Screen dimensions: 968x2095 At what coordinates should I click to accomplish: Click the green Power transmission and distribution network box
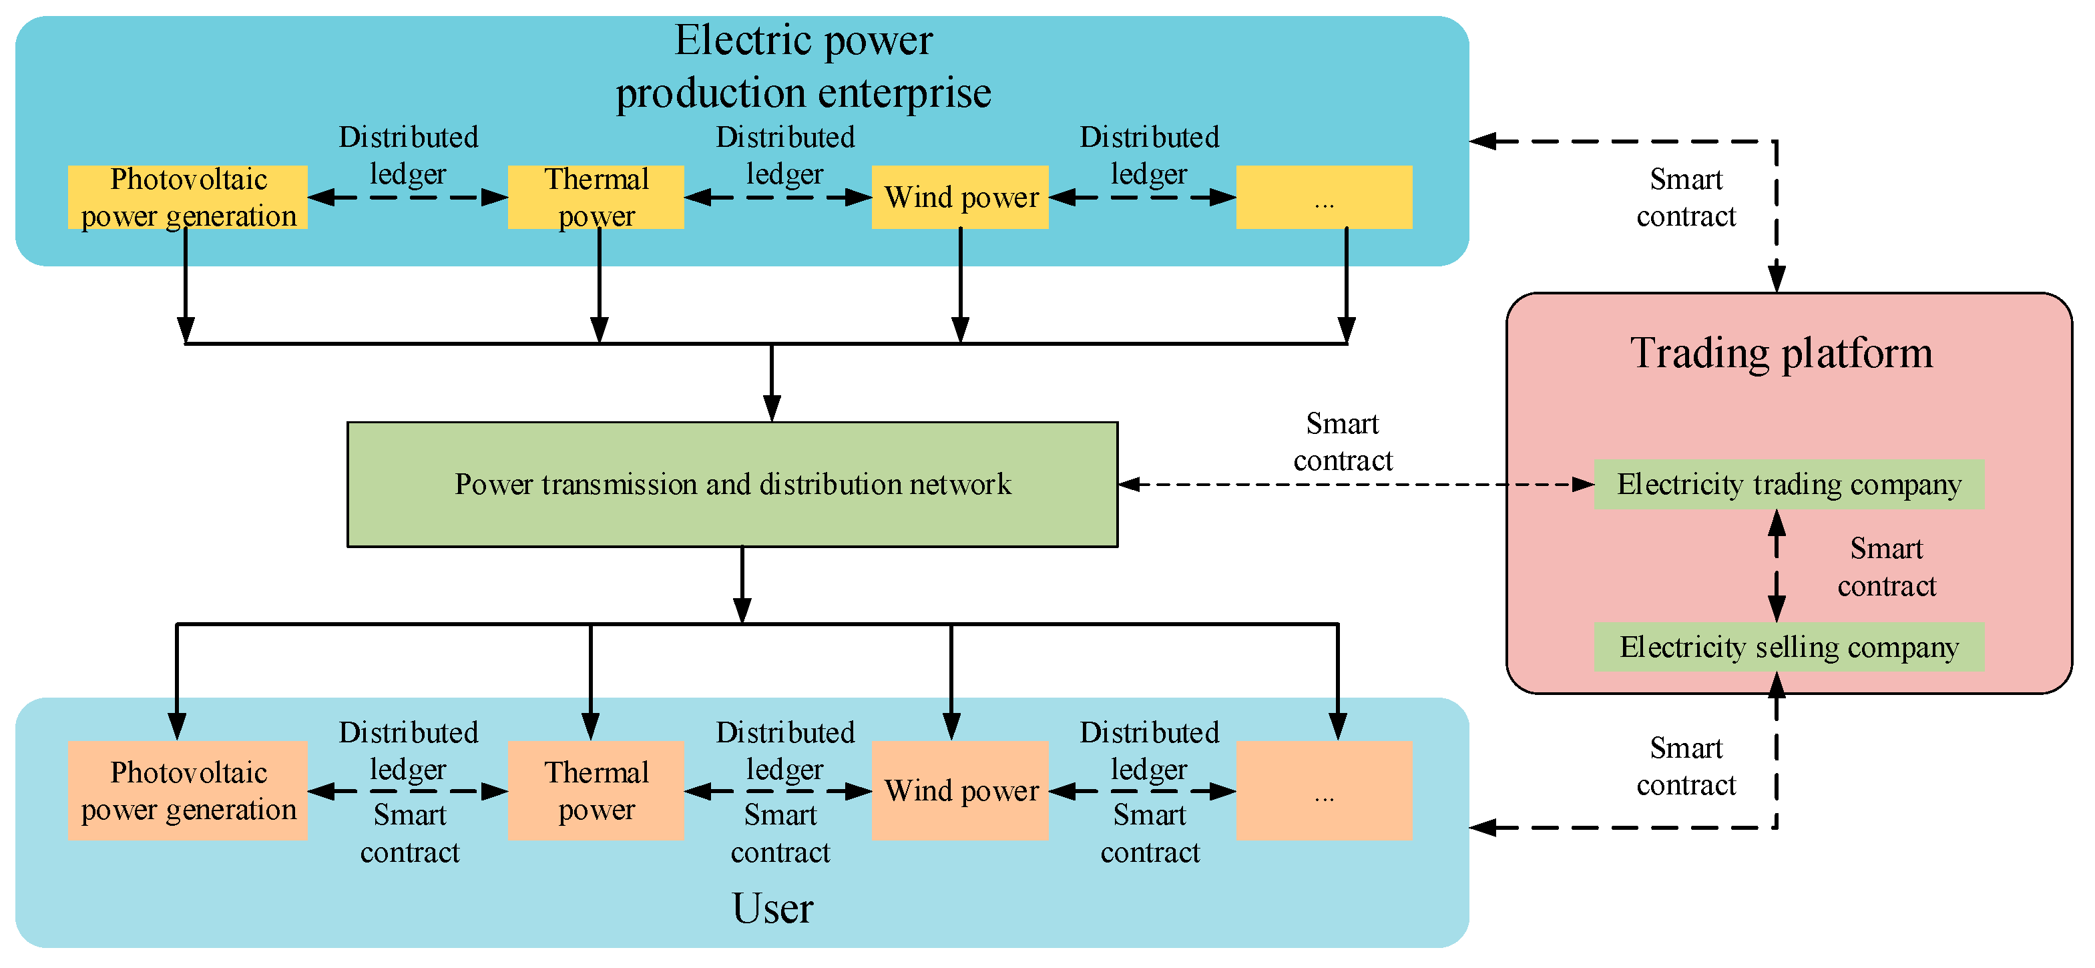click(x=732, y=484)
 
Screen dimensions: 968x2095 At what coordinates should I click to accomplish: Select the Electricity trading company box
click(x=1789, y=484)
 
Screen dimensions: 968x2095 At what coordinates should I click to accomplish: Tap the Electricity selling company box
click(x=1789, y=648)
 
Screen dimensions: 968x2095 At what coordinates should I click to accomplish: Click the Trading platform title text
click(x=1781, y=353)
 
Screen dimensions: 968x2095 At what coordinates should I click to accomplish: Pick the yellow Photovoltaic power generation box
click(x=188, y=197)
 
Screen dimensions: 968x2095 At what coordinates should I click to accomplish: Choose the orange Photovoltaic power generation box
click(x=188, y=790)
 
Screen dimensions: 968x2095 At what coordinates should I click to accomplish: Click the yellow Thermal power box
click(x=596, y=197)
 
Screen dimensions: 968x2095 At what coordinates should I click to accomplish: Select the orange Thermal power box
click(x=596, y=790)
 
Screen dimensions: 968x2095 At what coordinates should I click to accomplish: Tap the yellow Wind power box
click(x=959, y=197)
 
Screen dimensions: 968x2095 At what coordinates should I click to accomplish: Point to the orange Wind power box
click(x=959, y=790)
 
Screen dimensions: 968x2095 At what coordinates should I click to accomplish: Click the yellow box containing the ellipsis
click(x=1324, y=197)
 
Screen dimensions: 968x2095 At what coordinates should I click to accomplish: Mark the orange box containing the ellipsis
click(x=1324, y=790)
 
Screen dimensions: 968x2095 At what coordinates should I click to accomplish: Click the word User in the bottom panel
click(x=772, y=908)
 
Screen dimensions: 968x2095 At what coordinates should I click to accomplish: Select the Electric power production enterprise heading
click(x=804, y=66)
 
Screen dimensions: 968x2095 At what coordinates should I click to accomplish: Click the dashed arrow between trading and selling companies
click(x=1777, y=566)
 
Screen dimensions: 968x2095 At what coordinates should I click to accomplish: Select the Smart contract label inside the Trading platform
click(x=1887, y=567)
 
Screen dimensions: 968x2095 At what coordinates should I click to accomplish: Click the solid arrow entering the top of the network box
click(x=772, y=383)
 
